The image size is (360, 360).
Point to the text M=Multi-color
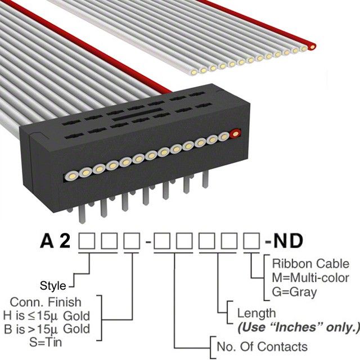pos(310,278)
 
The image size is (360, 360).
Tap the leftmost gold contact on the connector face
pos(72,173)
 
